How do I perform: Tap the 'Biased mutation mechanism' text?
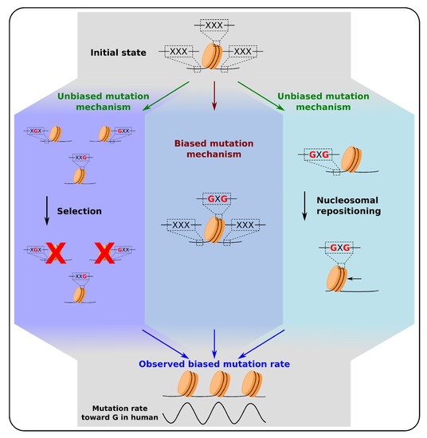click(x=213, y=151)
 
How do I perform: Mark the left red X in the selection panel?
click(x=55, y=254)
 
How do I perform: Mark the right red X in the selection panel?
click(x=106, y=254)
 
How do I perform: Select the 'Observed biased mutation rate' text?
click(x=213, y=364)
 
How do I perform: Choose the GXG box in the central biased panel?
click(x=213, y=197)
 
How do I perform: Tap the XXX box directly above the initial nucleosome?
click(x=213, y=25)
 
